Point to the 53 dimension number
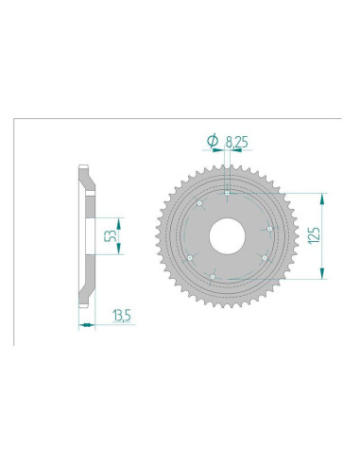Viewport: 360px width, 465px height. pyautogui.click(x=111, y=233)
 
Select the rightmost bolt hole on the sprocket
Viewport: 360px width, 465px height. pyautogui.click(x=270, y=229)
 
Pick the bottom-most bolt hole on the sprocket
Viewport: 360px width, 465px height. pyautogui.click(x=214, y=276)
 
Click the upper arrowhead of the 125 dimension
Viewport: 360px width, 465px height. pyautogui.click(x=324, y=196)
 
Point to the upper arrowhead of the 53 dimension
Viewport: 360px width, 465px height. pyautogui.click(x=98, y=215)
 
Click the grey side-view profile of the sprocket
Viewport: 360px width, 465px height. pyautogui.click(x=85, y=274)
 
